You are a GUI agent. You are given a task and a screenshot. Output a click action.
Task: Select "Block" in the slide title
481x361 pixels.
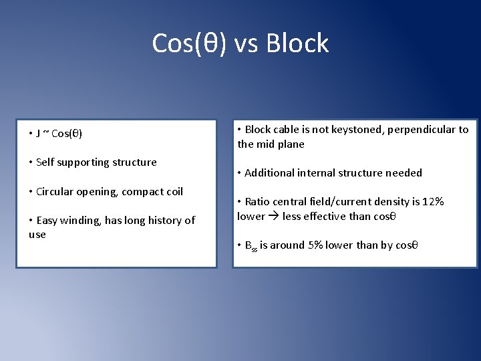point(297,43)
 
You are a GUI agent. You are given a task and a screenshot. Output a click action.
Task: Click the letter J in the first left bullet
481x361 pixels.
point(39,134)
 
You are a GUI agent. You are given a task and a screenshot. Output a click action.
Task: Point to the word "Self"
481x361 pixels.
point(46,162)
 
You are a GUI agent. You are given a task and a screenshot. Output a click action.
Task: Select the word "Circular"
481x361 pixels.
point(55,192)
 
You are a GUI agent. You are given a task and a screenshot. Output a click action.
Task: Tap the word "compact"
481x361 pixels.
point(141,192)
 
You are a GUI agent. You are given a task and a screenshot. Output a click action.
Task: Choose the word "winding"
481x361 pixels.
point(83,221)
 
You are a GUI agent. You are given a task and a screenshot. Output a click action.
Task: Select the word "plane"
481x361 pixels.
point(291,144)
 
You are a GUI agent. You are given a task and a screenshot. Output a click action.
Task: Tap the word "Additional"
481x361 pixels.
point(269,173)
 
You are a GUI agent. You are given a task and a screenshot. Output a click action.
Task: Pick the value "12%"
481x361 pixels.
point(432,202)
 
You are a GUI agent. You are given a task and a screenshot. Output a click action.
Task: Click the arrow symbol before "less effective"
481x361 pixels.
point(274,217)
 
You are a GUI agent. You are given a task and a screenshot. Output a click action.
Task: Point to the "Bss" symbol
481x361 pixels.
point(251,246)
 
